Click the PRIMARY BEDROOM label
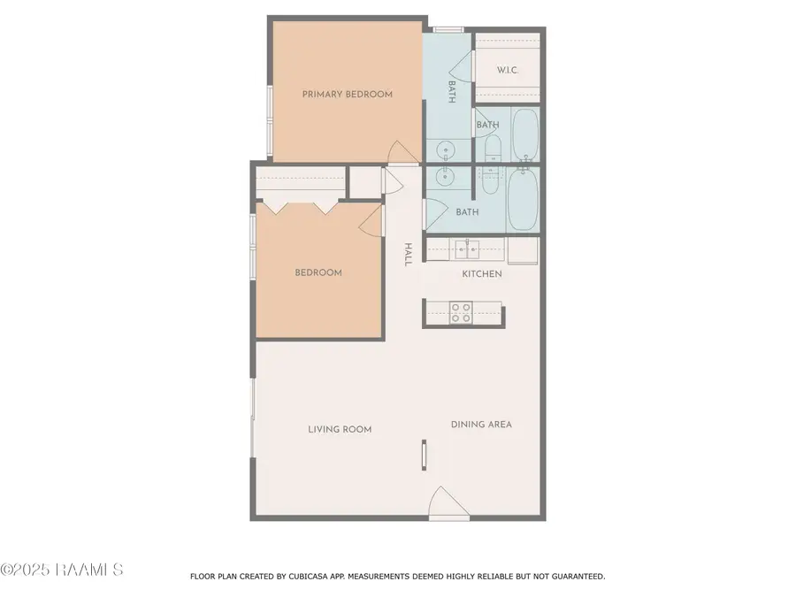click(x=347, y=94)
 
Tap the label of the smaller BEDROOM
click(x=318, y=272)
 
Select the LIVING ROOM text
click(x=340, y=429)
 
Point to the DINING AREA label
click(x=481, y=425)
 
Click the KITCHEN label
click(x=482, y=274)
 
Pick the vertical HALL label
click(x=408, y=255)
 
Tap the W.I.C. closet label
click(x=507, y=70)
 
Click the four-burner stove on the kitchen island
click(x=461, y=313)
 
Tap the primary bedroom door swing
click(x=400, y=154)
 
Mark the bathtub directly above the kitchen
click(x=522, y=201)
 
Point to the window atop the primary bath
click(x=448, y=30)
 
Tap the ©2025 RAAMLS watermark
click(x=62, y=570)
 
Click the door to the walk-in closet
click(x=463, y=59)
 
